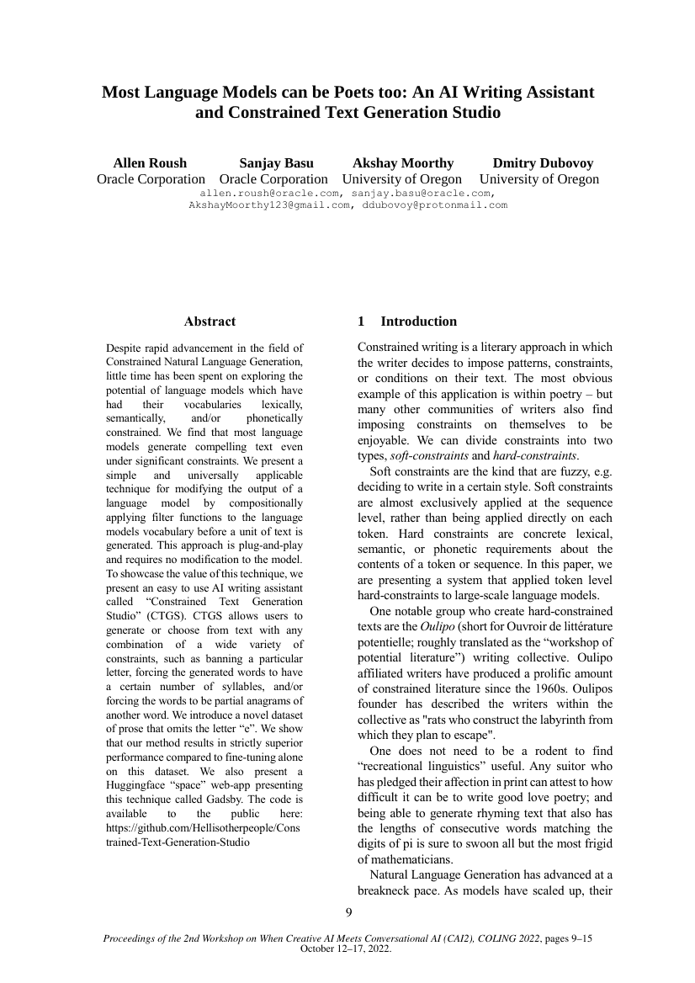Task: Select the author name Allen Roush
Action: coord(150,162)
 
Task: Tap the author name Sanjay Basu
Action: coord(276,162)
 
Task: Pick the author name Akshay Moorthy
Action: coord(403,162)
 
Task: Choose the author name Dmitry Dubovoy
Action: coord(543,162)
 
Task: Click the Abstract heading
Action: coord(210,321)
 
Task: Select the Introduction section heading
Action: coord(418,321)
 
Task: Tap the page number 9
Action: coord(348,911)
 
